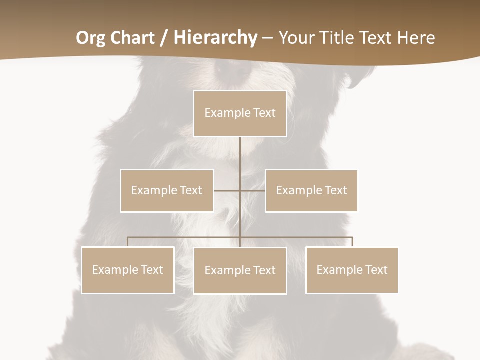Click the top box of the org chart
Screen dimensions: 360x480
click(240, 113)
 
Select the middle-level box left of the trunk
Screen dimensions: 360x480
click(167, 190)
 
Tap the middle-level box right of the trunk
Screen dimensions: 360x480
click(311, 190)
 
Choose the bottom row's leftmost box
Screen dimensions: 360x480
click(128, 270)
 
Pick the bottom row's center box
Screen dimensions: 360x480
click(240, 270)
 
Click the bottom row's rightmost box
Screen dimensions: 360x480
click(352, 270)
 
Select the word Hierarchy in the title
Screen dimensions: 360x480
click(215, 38)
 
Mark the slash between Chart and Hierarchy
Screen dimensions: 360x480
click(164, 38)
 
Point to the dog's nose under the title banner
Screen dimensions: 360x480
click(232, 70)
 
